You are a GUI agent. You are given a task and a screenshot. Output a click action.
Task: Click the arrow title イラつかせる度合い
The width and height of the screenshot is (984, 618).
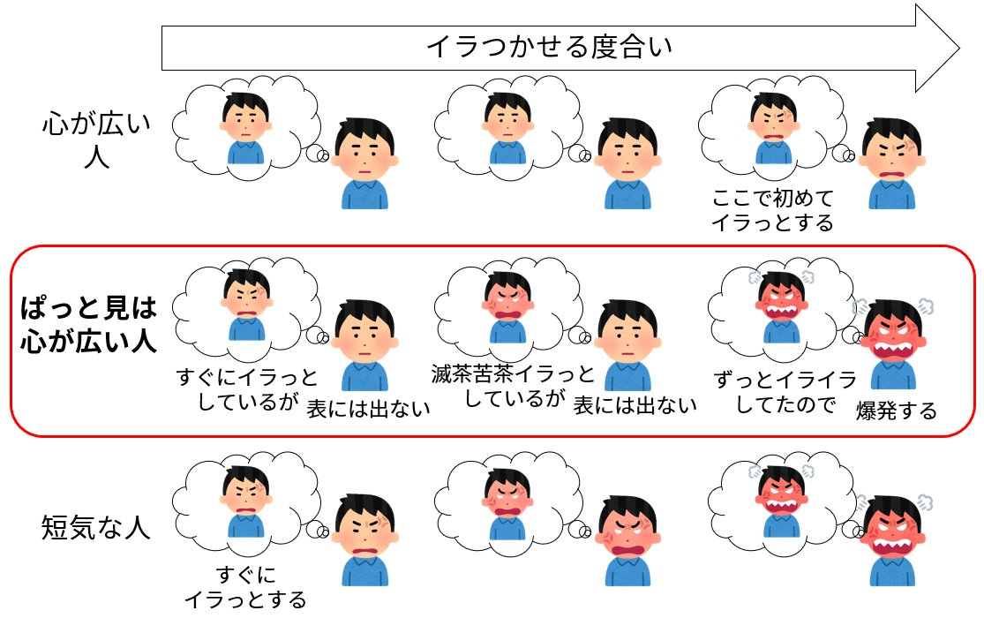click(x=548, y=46)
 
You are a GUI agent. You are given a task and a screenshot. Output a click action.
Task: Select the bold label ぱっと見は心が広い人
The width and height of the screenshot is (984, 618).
click(x=88, y=324)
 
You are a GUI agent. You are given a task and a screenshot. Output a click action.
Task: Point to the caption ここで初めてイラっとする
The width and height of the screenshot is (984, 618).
click(x=772, y=209)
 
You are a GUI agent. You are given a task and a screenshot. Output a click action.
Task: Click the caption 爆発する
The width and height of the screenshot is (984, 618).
click(x=896, y=411)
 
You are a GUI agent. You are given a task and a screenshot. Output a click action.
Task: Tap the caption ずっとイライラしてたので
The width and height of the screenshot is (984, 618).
click(x=785, y=392)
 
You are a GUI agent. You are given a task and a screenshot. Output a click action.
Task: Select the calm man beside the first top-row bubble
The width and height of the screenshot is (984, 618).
click(x=364, y=162)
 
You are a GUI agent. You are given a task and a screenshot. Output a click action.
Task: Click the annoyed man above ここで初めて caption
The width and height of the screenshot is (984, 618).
click(x=891, y=162)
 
